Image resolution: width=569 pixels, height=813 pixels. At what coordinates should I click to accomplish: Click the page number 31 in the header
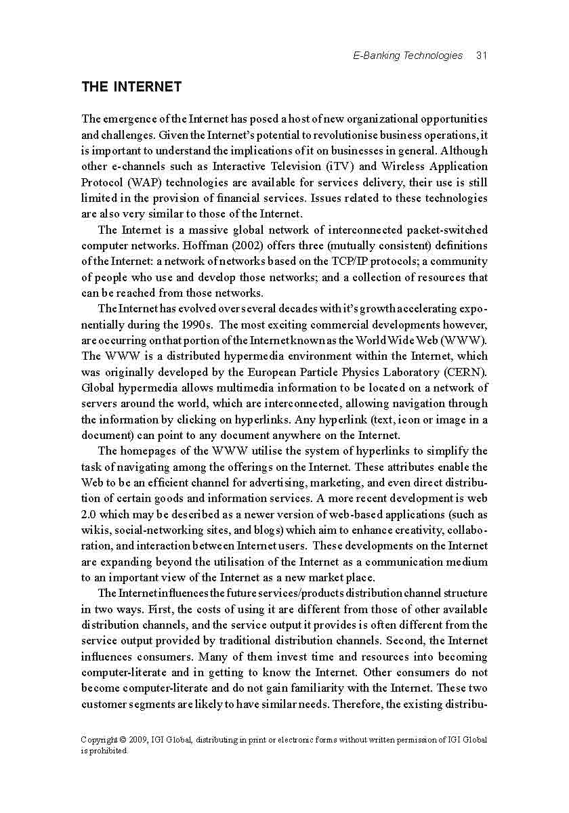pos(482,56)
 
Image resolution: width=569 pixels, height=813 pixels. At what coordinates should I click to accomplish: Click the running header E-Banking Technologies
pos(408,56)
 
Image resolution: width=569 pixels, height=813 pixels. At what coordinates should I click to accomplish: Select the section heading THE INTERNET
pos(131,87)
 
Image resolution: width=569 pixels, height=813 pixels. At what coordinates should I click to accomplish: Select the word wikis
pos(94,530)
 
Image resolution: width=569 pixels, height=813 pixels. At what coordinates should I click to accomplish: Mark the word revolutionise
pos(329,135)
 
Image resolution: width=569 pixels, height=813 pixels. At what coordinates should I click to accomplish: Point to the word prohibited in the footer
pos(107,750)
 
